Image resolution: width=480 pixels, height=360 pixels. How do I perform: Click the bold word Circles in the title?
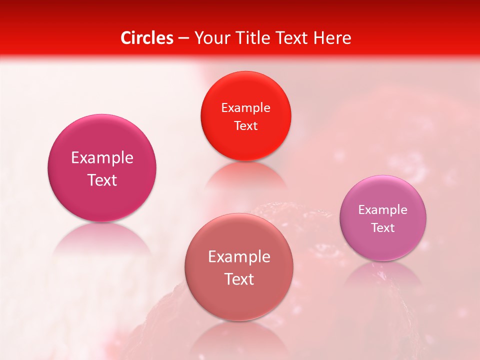click(147, 38)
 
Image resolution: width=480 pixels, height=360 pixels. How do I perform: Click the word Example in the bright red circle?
click(245, 108)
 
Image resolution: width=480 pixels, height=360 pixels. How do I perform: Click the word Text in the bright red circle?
click(245, 125)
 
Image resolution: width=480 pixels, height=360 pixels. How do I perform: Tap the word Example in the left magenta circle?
click(102, 158)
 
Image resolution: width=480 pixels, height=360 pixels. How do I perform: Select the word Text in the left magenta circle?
click(102, 180)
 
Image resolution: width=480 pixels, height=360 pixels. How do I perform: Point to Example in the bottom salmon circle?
click(239, 257)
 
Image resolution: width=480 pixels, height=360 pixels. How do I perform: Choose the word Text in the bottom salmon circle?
click(239, 279)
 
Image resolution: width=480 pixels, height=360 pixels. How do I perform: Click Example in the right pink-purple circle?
click(383, 210)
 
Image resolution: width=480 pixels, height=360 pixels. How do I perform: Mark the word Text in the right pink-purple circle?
click(383, 228)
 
